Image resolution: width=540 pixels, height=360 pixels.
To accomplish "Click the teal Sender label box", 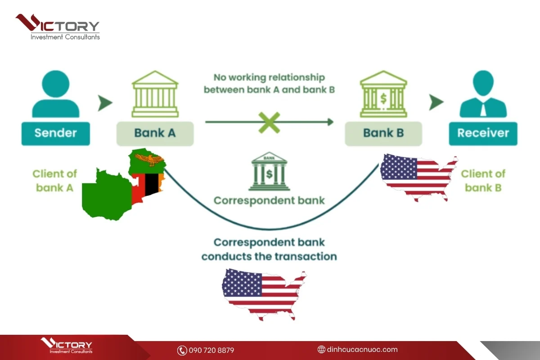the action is (x=56, y=134).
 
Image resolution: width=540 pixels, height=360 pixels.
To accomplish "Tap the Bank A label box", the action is (x=155, y=134).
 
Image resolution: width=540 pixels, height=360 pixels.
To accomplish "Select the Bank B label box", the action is (x=383, y=134).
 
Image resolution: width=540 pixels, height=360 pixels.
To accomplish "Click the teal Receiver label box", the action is (x=483, y=134).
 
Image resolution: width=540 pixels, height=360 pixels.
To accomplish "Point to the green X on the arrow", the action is (x=269, y=122).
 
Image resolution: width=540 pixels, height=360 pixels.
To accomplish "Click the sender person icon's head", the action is (x=56, y=84).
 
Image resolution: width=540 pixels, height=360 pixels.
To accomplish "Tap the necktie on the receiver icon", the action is (x=483, y=110).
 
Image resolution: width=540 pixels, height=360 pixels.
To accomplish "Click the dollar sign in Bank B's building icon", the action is (x=383, y=99).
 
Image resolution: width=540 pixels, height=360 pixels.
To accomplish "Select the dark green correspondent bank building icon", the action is (x=269, y=171).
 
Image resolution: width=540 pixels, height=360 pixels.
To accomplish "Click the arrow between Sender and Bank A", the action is (x=105, y=103).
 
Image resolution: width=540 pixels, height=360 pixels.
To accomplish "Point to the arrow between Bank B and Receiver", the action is (x=436, y=102).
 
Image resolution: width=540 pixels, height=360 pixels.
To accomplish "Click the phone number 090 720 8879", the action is (x=211, y=350).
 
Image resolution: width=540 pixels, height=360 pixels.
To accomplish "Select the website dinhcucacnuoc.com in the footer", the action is (x=362, y=349).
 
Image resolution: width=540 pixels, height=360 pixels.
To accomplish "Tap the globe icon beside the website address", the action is (x=321, y=349).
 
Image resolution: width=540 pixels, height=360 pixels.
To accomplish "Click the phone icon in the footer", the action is (x=182, y=351).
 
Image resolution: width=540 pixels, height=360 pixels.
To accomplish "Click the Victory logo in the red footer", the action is (x=67, y=346).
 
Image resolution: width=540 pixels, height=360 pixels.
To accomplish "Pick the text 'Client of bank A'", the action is (x=55, y=180).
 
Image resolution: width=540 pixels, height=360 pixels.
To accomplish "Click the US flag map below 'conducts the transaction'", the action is (x=264, y=295).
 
